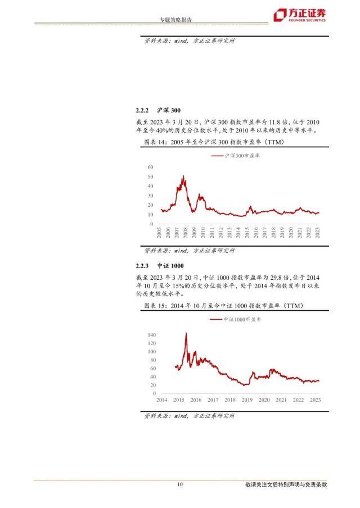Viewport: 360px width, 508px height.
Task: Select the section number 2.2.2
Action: (143, 110)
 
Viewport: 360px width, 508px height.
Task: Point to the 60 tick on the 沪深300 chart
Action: (151, 167)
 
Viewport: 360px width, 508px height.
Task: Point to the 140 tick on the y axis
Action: (151, 334)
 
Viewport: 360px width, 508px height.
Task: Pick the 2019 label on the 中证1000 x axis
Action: (247, 400)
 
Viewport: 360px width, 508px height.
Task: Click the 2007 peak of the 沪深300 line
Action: (183, 176)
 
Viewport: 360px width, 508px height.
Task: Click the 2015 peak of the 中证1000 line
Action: (186, 333)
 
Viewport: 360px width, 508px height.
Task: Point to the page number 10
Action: (180, 484)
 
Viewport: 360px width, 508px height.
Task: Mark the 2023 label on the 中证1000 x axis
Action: (316, 400)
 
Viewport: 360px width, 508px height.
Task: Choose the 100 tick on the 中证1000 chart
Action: (151, 351)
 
